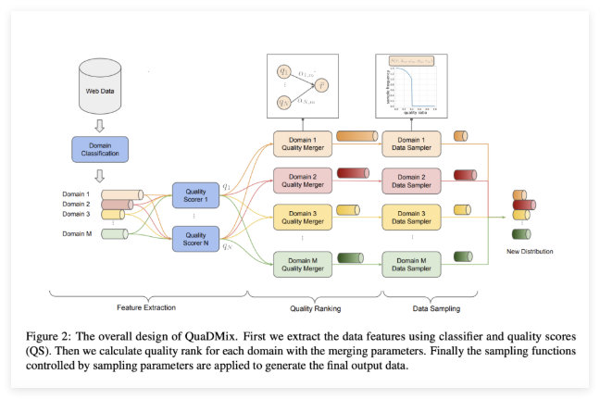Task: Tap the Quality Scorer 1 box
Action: (x=195, y=195)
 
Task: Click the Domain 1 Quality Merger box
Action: (x=299, y=142)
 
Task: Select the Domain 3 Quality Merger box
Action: (x=299, y=219)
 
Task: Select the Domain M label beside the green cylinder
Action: (x=75, y=233)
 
